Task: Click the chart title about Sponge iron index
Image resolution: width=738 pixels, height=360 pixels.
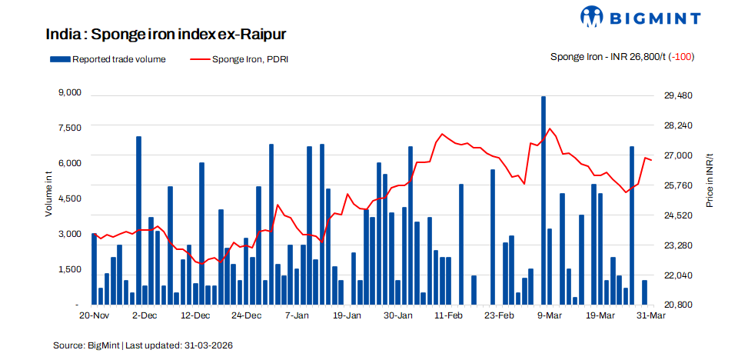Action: [x=166, y=35]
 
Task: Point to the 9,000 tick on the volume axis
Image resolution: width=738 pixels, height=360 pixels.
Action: [x=69, y=93]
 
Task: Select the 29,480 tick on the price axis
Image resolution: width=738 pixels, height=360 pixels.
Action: [x=679, y=95]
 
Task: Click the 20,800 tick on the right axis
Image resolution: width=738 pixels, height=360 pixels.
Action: [x=679, y=305]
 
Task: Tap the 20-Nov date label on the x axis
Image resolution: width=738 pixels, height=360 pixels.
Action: [x=94, y=315]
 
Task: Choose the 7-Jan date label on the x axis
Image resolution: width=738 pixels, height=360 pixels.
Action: [x=297, y=315]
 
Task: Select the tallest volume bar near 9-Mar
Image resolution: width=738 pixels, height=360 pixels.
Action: [x=544, y=200]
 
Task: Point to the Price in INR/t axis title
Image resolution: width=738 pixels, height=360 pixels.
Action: [x=710, y=180]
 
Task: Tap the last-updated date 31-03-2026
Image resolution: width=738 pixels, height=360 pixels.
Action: [x=208, y=345]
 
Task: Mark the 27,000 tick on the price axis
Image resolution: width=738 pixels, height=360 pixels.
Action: [x=679, y=155]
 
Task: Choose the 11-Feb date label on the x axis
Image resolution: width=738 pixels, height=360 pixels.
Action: [x=448, y=315]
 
